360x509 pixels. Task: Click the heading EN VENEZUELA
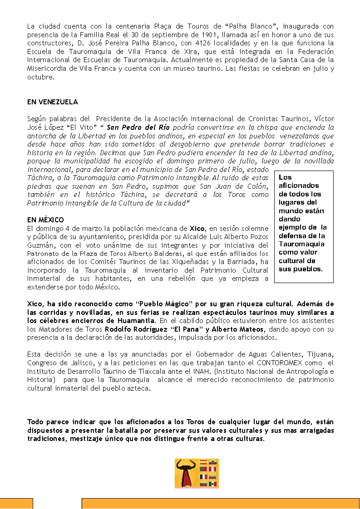coord(52,102)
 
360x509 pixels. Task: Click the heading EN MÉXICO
coord(45,220)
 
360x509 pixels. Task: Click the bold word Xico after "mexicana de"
coord(197,229)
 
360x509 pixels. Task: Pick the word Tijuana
coord(319,354)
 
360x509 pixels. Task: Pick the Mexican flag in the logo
coord(212,484)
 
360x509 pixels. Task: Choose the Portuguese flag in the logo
coord(203,469)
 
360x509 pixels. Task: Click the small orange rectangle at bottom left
coord(16,504)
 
